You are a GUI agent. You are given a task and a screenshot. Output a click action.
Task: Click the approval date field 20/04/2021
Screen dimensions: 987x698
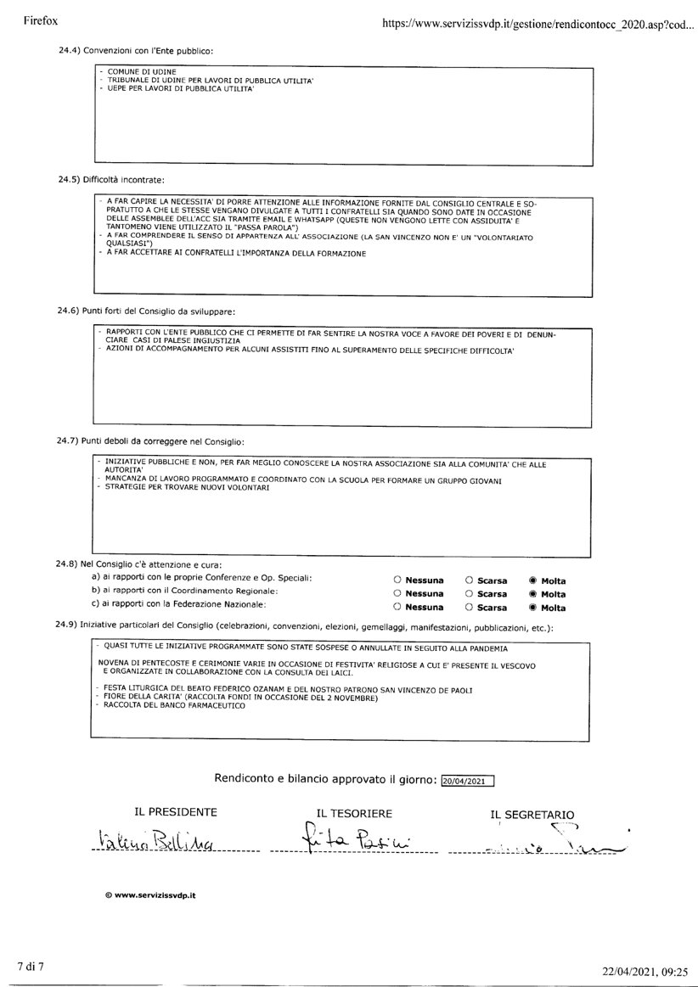tap(468, 780)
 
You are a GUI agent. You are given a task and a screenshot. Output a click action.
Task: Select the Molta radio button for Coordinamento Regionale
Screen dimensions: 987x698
tap(532, 594)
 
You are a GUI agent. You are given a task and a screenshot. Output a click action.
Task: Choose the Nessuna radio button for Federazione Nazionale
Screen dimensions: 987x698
tap(397, 608)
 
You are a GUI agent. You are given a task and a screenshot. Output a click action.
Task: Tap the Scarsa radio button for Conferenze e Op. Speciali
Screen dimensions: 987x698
tap(469, 580)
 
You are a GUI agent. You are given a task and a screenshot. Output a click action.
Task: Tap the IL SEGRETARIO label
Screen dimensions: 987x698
tap(532, 815)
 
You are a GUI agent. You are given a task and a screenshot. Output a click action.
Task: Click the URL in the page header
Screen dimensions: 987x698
tap(538, 25)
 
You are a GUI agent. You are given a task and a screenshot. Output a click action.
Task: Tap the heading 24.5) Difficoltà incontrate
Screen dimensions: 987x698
tap(111, 180)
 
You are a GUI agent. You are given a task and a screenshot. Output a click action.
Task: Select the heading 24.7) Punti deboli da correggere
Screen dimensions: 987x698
tap(150, 442)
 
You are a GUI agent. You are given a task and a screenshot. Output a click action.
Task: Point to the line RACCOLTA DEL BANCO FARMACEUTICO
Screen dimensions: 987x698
tap(168, 705)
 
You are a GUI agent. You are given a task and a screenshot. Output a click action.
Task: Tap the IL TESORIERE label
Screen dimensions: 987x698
tap(354, 813)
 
